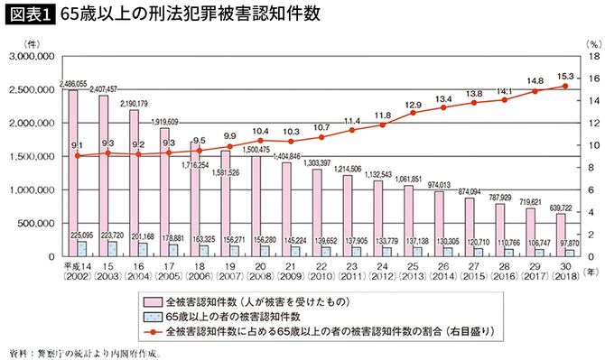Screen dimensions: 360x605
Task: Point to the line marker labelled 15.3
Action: tap(565, 86)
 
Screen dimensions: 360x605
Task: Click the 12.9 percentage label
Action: tap(413, 104)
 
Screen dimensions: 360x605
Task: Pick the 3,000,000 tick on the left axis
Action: tap(33, 56)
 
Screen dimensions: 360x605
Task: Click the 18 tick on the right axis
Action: tap(593, 56)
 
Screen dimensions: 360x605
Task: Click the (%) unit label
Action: tap(593, 42)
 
